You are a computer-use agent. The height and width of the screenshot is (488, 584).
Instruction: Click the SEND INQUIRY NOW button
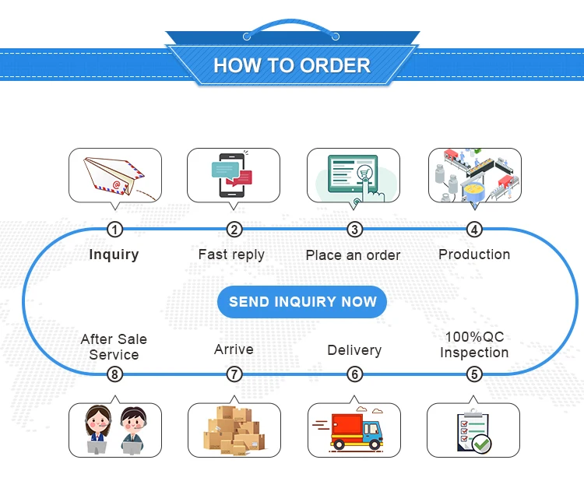coord(302,302)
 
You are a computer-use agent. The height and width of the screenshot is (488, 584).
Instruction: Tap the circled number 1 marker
coord(114,230)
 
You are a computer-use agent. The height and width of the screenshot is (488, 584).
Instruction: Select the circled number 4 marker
coord(474,230)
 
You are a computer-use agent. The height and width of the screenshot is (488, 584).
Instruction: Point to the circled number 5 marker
coord(474,374)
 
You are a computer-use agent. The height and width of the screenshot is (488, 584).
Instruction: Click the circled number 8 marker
coord(114,374)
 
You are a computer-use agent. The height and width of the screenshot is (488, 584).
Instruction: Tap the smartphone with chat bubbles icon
coord(234,176)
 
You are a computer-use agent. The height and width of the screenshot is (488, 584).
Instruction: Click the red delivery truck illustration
coord(354,430)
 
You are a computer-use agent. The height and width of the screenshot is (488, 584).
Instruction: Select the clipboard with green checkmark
coord(473,431)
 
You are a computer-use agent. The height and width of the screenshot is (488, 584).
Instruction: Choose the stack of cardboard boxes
coord(234,430)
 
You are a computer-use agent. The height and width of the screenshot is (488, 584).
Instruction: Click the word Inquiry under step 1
coord(114,255)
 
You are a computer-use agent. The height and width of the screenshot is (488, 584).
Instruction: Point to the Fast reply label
coord(231,255)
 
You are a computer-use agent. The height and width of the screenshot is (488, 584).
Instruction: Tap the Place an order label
coord(353,255)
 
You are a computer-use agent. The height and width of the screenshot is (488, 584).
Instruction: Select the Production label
coord(474,255)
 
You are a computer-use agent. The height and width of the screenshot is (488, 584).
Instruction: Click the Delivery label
coord(354,350)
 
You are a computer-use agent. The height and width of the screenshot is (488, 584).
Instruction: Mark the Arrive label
coord(234,349)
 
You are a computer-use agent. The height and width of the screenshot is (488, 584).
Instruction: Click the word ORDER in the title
coord(332,65)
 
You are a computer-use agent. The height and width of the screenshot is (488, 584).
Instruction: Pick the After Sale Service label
coord(114,347)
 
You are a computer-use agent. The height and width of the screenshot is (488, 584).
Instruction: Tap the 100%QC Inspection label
coord(474,345)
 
